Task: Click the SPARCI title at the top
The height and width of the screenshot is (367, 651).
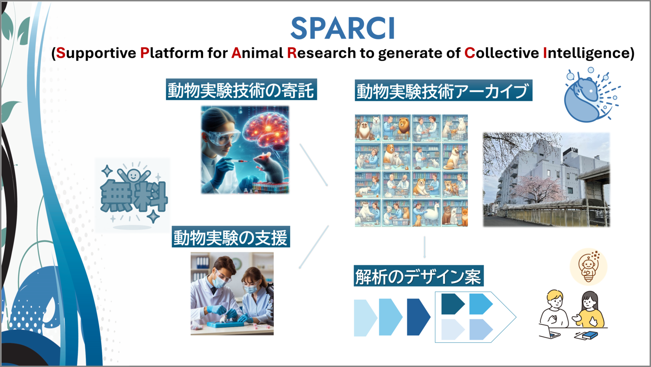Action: click(x=342, y=29)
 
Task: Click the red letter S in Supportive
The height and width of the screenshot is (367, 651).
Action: click(x=61, y=53)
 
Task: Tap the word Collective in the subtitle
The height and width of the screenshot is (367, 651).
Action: click(x=501, y=53)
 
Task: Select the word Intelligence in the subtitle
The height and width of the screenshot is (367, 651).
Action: click(x=584, y=53)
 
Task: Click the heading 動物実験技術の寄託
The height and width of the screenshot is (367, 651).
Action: click(x=241, y=90)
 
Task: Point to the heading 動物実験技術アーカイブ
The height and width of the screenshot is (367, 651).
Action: click(x=443, y=91)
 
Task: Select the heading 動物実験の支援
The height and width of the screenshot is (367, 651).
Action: click(x=230, y=237)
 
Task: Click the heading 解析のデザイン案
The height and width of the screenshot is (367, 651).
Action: click(x=418, y=276)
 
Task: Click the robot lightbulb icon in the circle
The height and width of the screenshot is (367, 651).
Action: click(x=588, y=266)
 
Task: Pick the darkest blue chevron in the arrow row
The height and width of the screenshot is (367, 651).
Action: click(x=418, y=317)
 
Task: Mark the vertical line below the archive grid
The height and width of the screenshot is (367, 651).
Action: click(x=424, y=247)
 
